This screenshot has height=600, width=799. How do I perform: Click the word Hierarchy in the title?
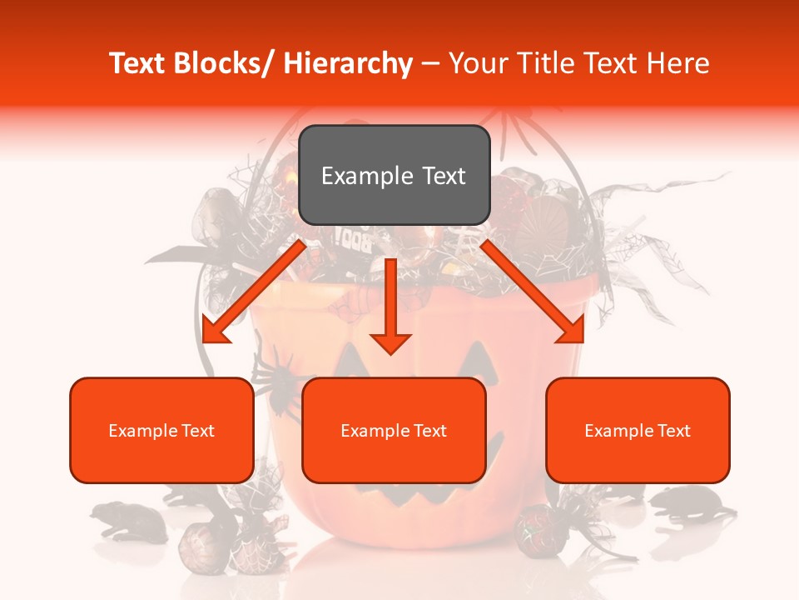[348, 63]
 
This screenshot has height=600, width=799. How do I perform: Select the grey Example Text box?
[394, 175]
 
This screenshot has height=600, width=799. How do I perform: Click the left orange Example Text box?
[161, 430]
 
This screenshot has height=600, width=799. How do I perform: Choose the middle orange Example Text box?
[394, 430]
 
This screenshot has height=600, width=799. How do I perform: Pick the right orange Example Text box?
[638, 430]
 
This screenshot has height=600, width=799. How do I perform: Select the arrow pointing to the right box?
[533, 292]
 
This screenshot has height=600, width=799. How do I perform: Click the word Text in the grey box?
[442, 176]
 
